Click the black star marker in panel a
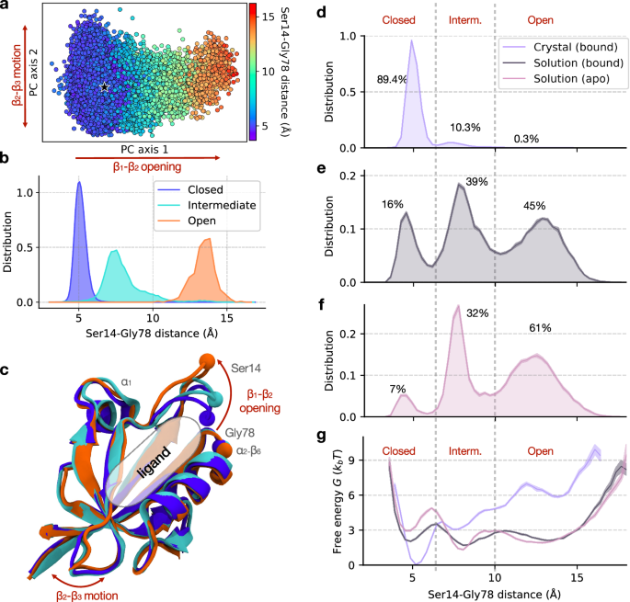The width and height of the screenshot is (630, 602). click(105, 87)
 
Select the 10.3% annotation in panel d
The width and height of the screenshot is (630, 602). click(465, 127)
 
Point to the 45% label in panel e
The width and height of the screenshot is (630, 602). click(535, 206)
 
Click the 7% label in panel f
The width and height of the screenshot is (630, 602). click(397, 389)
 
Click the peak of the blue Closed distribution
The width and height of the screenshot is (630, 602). click(79, 182)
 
